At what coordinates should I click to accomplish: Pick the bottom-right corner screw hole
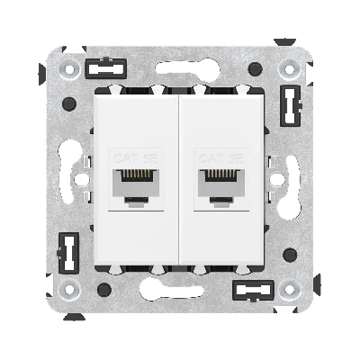290,290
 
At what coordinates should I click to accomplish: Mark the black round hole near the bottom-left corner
106,289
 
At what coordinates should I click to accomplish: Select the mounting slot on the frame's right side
290,180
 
